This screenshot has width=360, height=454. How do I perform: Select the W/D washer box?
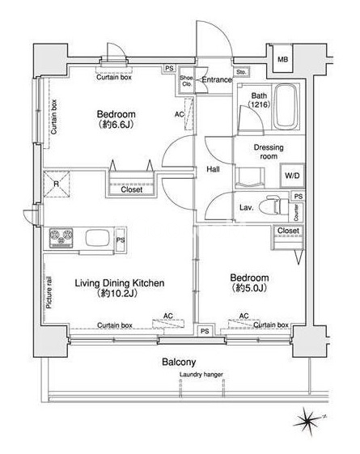coord(292,176)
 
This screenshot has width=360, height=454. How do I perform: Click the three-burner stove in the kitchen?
coord(61,238)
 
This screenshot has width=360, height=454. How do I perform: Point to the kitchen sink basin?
coord(98,238)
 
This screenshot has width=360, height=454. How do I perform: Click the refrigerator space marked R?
coord(57,185)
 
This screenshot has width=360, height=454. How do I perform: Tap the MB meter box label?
coord(282,59)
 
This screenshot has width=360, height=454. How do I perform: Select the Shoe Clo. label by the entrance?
coord(186,81)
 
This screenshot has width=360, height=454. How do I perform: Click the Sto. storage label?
coord(241,72)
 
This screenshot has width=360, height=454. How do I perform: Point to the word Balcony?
coord(179,362)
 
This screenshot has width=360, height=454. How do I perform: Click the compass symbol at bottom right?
coord(307,421)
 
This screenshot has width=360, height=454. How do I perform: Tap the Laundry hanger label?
coord(201,375)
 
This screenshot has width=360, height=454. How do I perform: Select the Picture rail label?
coord(49,292)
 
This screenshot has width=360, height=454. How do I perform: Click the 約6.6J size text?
coord(116,125)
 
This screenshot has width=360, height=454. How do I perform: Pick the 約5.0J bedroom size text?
coord(249,288)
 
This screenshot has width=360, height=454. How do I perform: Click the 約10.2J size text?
coord(117,293)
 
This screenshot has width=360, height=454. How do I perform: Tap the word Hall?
coord(213,169)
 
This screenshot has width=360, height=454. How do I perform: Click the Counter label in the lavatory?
coord(296,213)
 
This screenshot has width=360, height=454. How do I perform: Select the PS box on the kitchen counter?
coord(121,240)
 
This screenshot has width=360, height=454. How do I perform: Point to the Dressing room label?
coord(269,151)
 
